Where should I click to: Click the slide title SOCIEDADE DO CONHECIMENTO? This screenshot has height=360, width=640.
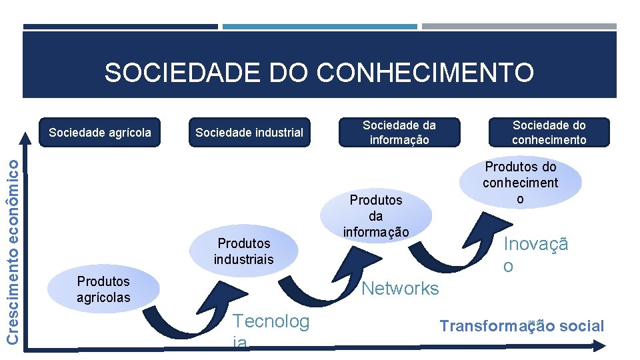point(319,73)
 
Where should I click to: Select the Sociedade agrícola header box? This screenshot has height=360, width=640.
point(100,132)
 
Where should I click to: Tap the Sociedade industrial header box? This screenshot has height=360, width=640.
point(249,132)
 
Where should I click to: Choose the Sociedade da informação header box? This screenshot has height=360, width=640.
point(399,132)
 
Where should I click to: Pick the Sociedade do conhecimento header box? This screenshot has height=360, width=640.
point(549,132)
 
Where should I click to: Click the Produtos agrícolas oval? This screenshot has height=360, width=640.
point(103,289)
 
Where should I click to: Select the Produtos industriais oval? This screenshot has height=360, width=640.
point(243,251)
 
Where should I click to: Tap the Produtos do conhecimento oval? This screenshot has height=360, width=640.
point(520,183)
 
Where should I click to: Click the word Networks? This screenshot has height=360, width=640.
point(400,288)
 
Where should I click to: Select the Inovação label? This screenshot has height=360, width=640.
point(535,255)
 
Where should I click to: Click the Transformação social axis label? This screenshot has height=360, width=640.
point(521,326)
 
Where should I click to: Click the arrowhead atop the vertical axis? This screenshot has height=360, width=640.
point(25,139)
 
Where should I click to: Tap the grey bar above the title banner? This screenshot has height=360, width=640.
point(519,27)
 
